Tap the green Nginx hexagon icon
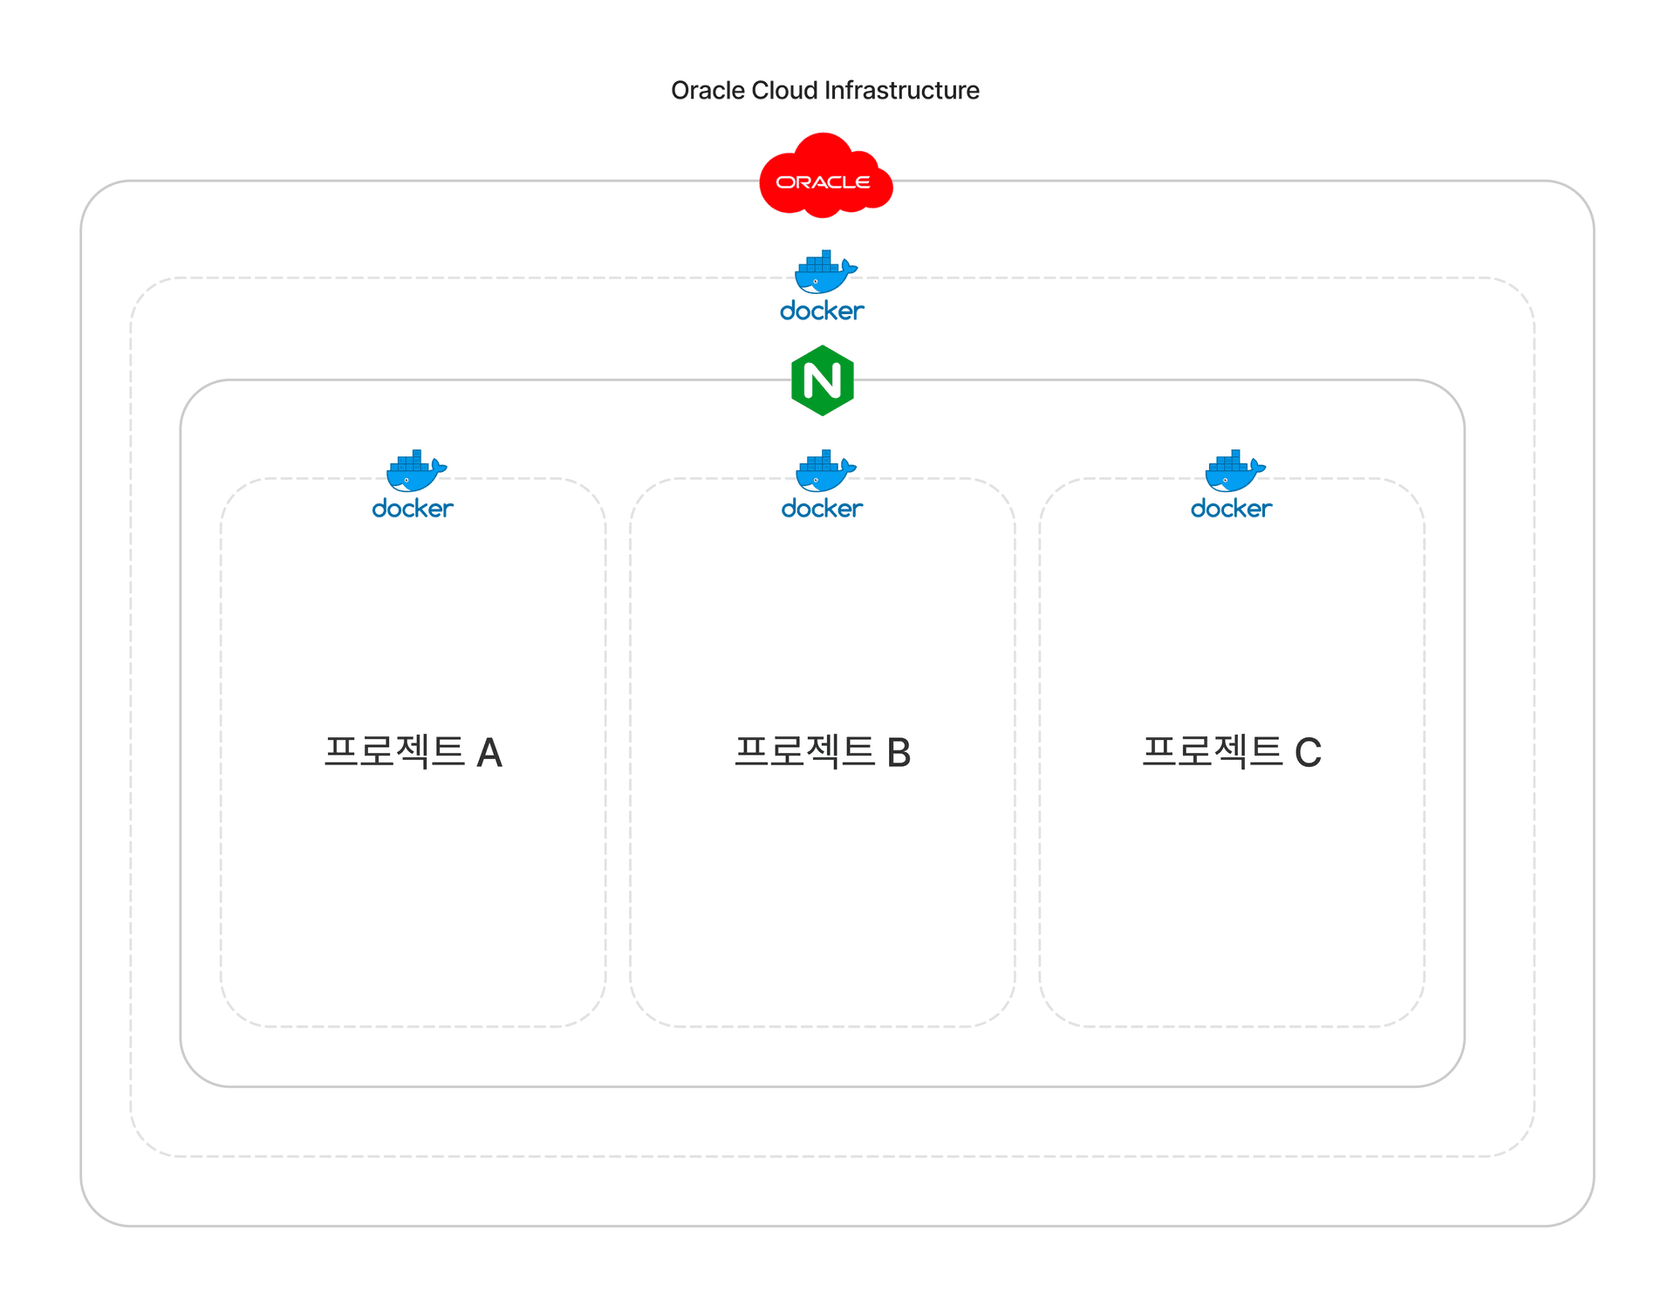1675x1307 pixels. coord(822,380)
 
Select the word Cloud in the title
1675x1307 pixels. coord(785,91)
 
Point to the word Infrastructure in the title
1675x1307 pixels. coord(902,91)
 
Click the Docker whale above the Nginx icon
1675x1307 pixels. coord(824,272)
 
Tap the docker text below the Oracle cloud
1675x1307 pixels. coord(822,311)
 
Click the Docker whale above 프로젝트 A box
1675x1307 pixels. coord(415,471)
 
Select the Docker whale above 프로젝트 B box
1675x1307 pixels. coord(824,471)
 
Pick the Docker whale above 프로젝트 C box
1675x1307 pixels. coord(1234,471)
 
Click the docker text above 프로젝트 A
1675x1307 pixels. coord(413,509)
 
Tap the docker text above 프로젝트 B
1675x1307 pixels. coord(822,509)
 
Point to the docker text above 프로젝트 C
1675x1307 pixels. coord(1231,509)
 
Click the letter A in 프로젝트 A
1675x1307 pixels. coord(489,753)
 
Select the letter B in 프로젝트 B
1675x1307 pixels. coord(899,753)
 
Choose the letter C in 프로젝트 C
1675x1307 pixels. coord(1308,753)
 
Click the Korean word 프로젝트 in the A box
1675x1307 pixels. coord(394,751)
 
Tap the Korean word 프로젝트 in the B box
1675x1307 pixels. coord(804,751)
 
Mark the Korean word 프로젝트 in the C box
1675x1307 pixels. coord(1213,751)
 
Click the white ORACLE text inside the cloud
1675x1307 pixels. coord(823,182)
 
